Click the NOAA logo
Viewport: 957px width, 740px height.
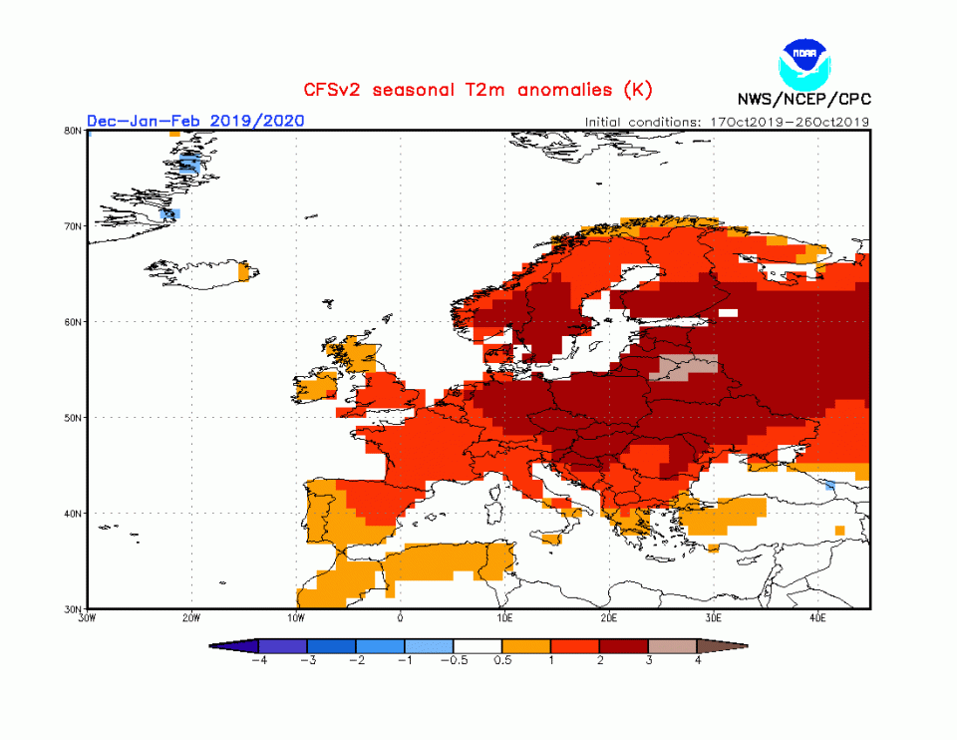[x=804, y=61]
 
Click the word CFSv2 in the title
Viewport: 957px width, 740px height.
[x=336, y=91]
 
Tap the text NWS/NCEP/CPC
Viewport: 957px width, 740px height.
[x=803, y=100]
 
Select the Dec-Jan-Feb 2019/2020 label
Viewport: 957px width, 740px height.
[x=195, y=121]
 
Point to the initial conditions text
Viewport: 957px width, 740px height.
[x=728, y=122]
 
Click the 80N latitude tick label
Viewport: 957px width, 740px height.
[x=73, y=131]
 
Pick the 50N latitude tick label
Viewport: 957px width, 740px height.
[x=73, y=418]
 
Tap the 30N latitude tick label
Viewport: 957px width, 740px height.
[x=73, y=608]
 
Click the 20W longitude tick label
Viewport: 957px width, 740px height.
[x=191, y=617]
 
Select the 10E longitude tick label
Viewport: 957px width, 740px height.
[x=504, y=617]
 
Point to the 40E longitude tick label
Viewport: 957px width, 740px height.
[x=817, y=617]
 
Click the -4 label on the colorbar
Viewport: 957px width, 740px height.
[x=258, y=661]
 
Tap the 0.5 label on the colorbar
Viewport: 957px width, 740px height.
[x=502, y=661]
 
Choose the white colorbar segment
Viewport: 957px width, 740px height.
[x=478, y=646]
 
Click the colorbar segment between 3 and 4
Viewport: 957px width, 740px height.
[x=673, y=646]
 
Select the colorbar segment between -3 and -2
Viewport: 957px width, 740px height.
[x=331, y=646]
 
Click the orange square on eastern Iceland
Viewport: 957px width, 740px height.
[x=244, y=270]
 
